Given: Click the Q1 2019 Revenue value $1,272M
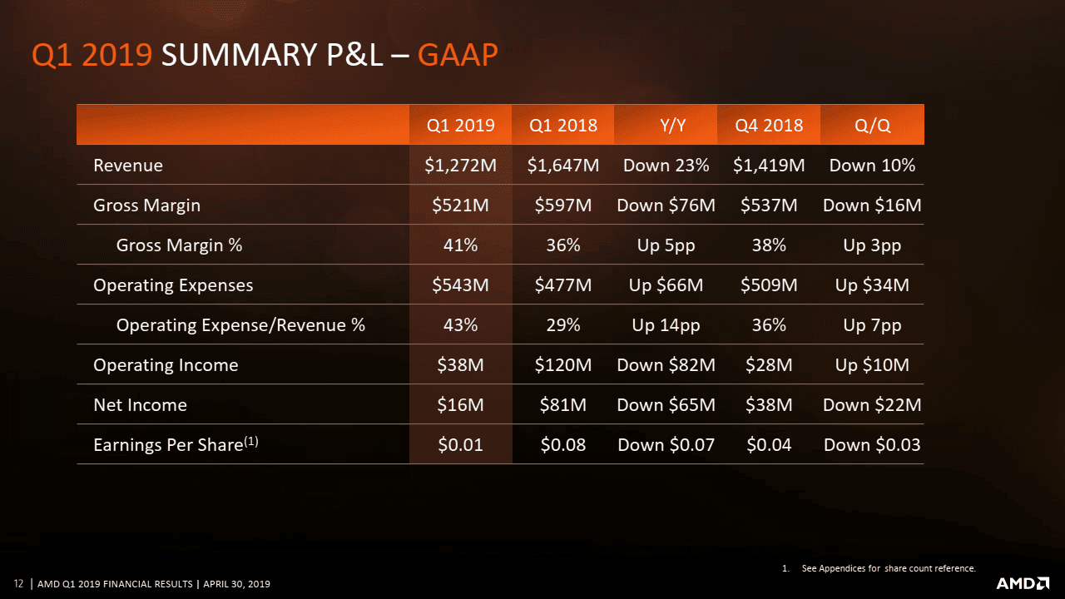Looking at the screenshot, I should click(x=460, y=165).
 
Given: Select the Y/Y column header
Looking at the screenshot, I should click(x=666, y=126).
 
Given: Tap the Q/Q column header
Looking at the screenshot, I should click(x=872, y=126).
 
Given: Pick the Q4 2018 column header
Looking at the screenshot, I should click(x=769, y=126).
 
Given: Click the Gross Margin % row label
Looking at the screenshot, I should click(x=179, y=245).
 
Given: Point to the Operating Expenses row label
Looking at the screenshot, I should click(x=173, y=285).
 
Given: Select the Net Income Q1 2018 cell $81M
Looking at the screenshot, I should click(x=563, y=404).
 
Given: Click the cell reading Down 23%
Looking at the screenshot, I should click(x=666, y=165).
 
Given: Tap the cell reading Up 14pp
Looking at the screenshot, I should click(x=666, y=324).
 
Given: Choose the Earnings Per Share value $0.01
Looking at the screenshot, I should click(x=460, y=444).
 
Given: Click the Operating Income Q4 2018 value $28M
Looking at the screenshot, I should click(x=769, y=364).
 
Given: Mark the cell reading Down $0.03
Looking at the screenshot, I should click(x=872, y=444).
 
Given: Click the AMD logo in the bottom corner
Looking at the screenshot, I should click(x=1023, y=582).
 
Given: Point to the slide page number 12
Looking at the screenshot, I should click(x=17, y=583).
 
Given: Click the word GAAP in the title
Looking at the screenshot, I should click(x=458, y=55).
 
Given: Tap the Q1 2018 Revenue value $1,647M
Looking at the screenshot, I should click(x=563, y=165).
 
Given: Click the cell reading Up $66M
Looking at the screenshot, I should click(x=666, y=285).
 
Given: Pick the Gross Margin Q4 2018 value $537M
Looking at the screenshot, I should click(x=769, y=205).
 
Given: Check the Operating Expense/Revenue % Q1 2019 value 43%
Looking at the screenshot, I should click(x=460, y=324).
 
